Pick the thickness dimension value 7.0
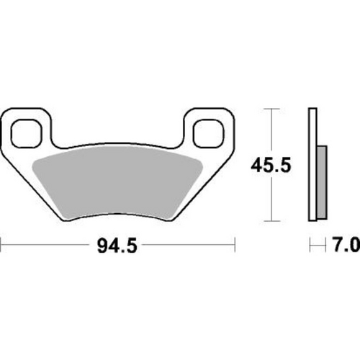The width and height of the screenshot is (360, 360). (345, 247)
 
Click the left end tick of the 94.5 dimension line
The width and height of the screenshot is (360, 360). (1, 247)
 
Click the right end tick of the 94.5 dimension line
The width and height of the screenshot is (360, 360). (235, 247)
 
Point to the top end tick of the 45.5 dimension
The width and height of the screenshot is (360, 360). (270, 109)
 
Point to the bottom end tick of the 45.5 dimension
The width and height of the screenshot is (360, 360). (270, 220)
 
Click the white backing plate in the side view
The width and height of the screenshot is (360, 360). (313, 165)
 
